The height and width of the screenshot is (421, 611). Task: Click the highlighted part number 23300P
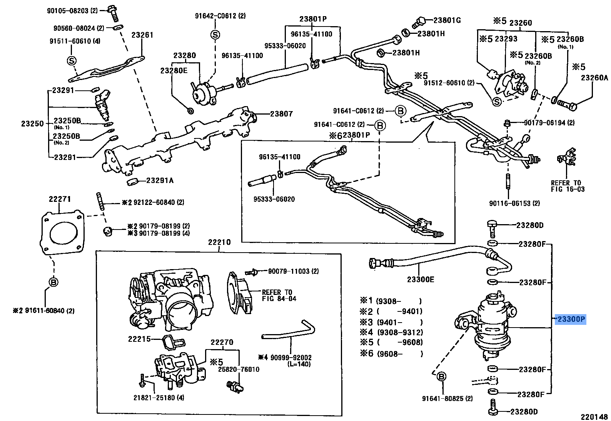click(x=571, y=319)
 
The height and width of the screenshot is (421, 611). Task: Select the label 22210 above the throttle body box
click(x=219, y=242)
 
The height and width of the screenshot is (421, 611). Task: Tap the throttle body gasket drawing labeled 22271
click(x=62, y=233)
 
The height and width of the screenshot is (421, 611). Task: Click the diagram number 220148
click(x=594, y=417)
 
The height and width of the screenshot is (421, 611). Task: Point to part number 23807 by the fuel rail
click(x=281, y=114)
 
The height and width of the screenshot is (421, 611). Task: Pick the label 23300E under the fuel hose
click(x=421, y=280)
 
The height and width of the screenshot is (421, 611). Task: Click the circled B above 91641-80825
click(x=441, y=377)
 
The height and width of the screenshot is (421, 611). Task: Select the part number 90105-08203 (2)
click(x=72, y=11)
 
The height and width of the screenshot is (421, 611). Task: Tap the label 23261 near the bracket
click(x=142, y=35)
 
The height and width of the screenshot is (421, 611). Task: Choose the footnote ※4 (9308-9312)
click(x=391, y=332)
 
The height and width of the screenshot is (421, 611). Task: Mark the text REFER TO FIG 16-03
click(x=568, y=186)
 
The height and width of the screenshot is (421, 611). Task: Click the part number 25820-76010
click(x=239, y=369)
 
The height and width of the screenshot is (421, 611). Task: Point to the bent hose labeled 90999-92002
click(x=289, y=333)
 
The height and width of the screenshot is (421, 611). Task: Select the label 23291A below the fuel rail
click(x=160, y=180)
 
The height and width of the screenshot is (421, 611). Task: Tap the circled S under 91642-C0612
click(x=215, y=35)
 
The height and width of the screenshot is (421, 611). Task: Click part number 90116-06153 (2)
click(x=514, y=203)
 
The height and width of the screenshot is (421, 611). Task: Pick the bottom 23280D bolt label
click(x=524, y=411)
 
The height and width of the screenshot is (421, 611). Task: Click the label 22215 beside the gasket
click(x=139, y=339)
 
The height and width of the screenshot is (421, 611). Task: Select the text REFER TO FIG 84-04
click(x=279, y=295)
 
